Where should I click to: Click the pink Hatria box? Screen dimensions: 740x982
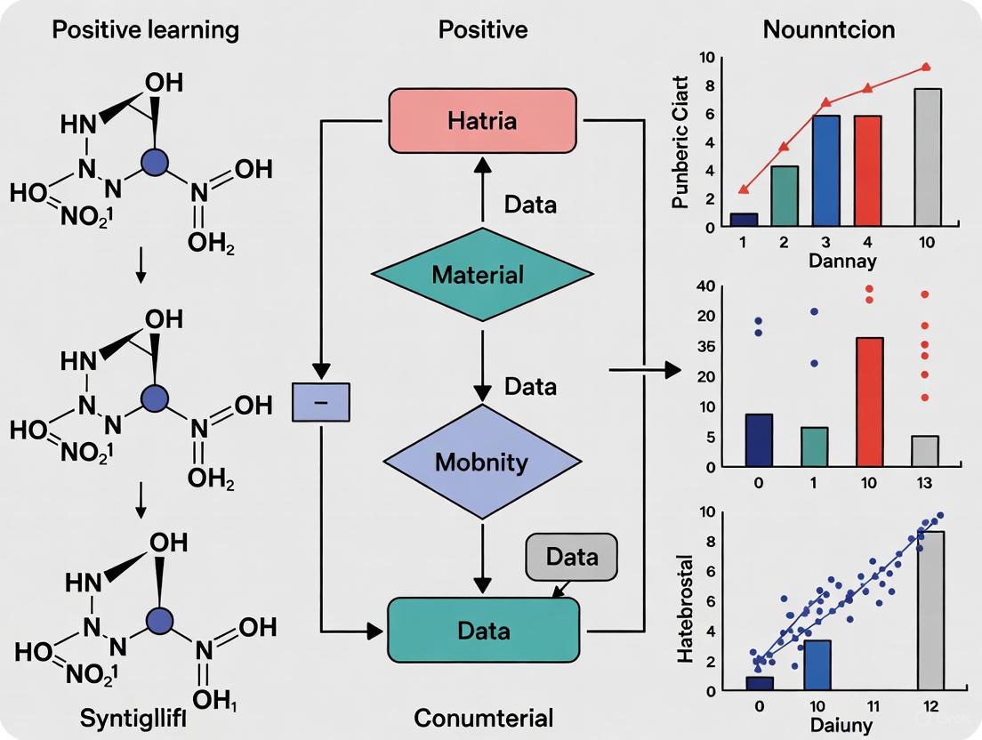(482, 121)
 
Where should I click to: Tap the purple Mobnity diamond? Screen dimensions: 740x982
(481, 462)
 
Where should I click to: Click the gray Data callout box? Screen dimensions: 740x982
(571, 558)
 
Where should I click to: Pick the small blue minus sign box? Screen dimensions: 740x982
(322, 402)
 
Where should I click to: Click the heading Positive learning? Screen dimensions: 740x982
(145, 29)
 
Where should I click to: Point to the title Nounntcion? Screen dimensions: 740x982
(829, 29)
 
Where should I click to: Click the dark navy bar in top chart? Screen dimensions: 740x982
(744, 220)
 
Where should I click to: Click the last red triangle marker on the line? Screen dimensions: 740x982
(926, 67)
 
